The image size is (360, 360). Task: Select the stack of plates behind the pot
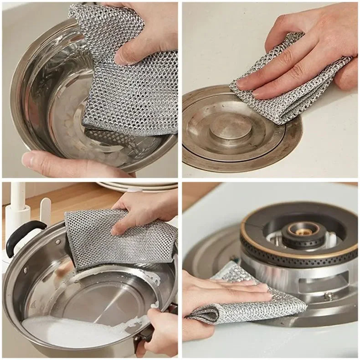click(x=137, y=186)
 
